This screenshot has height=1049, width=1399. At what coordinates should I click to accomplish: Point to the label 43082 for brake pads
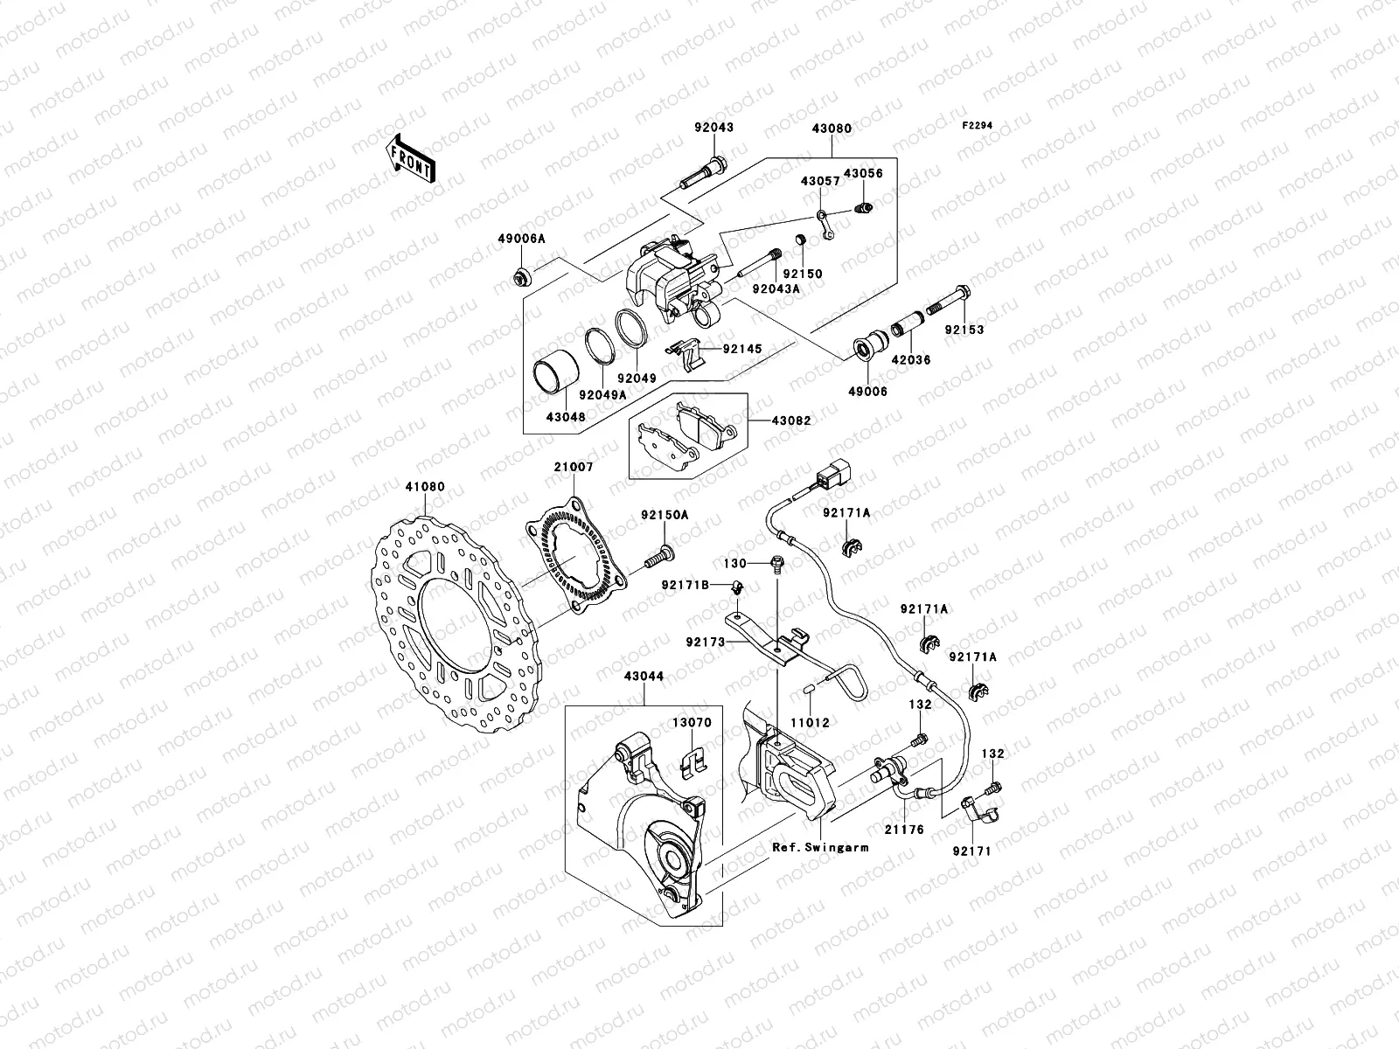click(790, 420)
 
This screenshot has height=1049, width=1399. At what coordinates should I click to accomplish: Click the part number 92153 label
click(964, 330)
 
